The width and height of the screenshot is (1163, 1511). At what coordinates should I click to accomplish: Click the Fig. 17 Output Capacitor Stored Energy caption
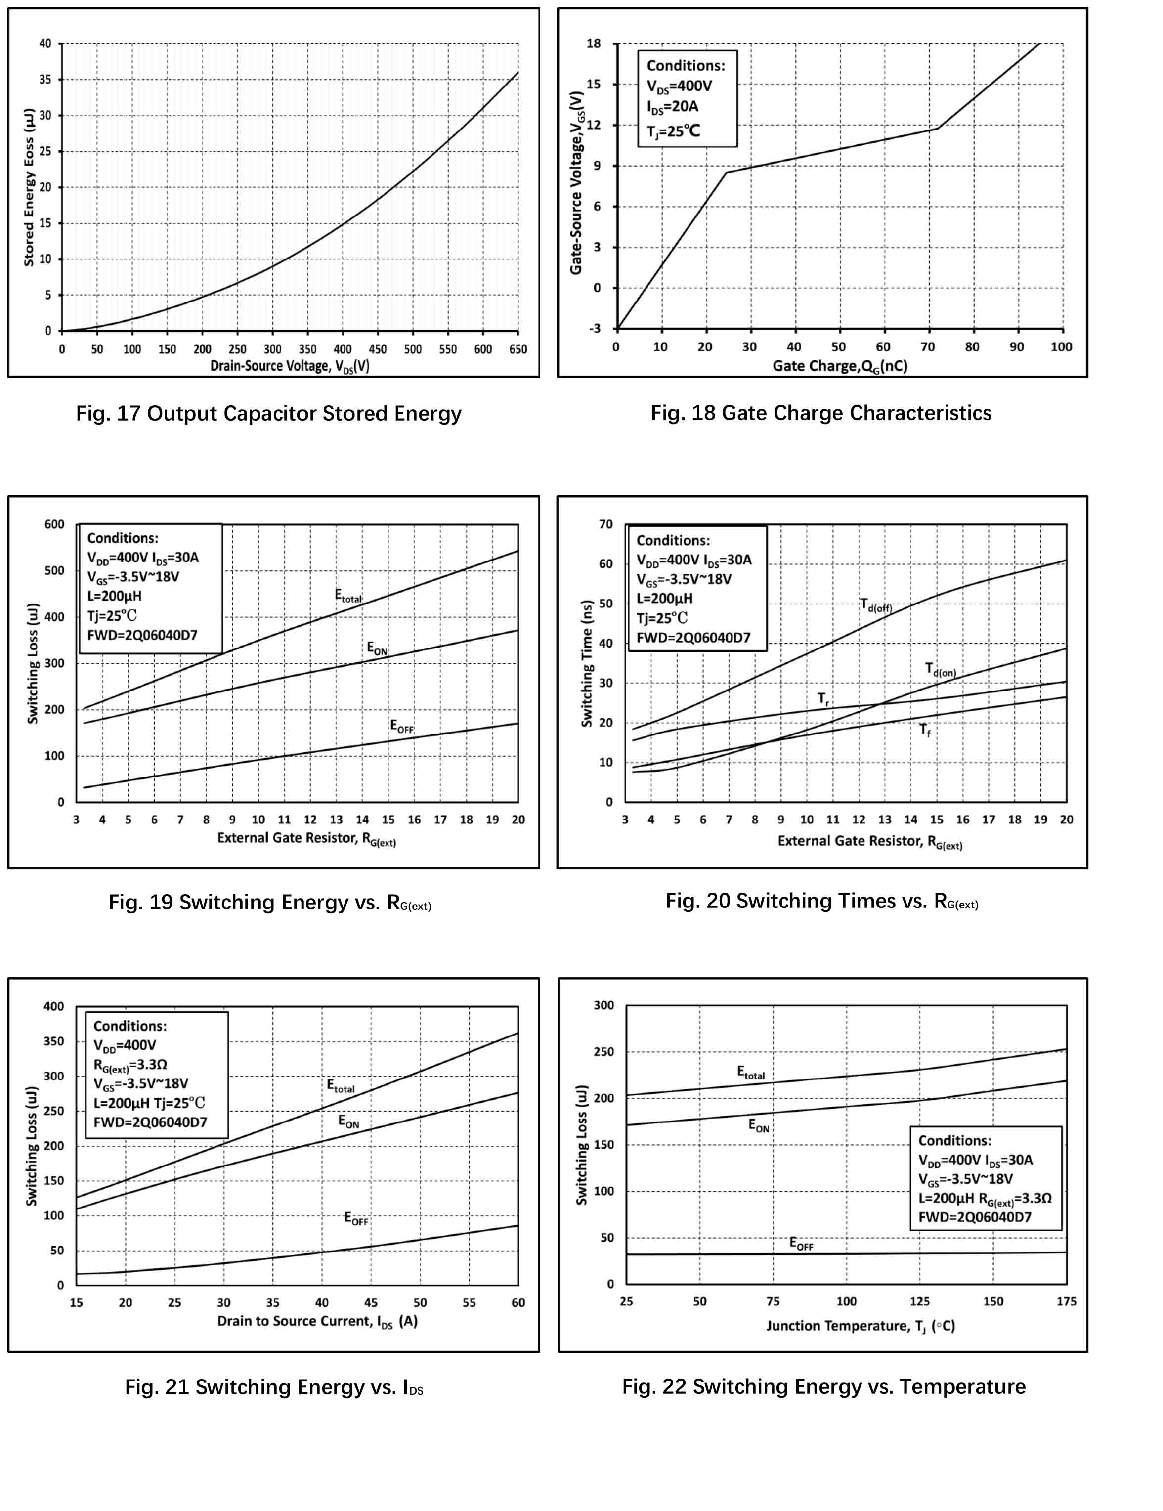pyautogui.click(x=268, y=414)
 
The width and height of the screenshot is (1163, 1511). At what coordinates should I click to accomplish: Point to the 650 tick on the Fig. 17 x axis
pyautogui.click(x=518, y=349)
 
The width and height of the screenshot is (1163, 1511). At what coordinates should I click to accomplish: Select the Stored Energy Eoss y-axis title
pyautogui.click(x=28, y=187)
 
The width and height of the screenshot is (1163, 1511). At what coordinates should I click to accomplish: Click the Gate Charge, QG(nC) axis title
pyautogui.click(x=839, y=366)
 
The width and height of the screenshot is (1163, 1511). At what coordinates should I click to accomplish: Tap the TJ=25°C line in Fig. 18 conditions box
pyautogui.click(x=673, y=131)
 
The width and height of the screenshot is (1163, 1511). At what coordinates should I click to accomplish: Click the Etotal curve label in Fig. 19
pyautogui.click(x=348, y=596)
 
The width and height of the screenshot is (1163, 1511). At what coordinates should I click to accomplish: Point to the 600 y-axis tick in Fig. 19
pyautogui.click(x=55, y=524)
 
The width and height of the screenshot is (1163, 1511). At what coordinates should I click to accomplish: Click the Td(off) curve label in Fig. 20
pyautogui.click(x=876, y=605)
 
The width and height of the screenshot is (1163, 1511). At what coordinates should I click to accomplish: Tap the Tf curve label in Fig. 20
pyautogui.click(x=925, y=730)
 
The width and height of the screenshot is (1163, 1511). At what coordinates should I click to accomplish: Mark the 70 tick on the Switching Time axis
pyautogui.click(x=606, y=524)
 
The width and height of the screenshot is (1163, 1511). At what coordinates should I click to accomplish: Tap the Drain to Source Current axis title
pyautogui.click(x=317, y=1321)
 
